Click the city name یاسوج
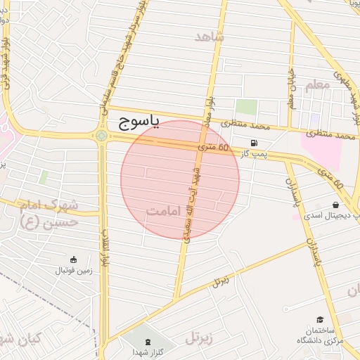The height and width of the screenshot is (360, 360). pos(139,124)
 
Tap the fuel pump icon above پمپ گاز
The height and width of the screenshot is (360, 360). pos(253,142)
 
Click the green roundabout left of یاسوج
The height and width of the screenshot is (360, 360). pos(102,136)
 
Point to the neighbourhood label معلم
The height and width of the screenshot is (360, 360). pos(317,85)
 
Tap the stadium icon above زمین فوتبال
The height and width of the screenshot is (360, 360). pos(73,259)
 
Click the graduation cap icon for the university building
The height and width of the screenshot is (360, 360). pos(321,320)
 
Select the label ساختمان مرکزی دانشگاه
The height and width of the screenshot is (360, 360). pos(319,335)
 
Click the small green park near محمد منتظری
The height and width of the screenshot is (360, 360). pos(245,107)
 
